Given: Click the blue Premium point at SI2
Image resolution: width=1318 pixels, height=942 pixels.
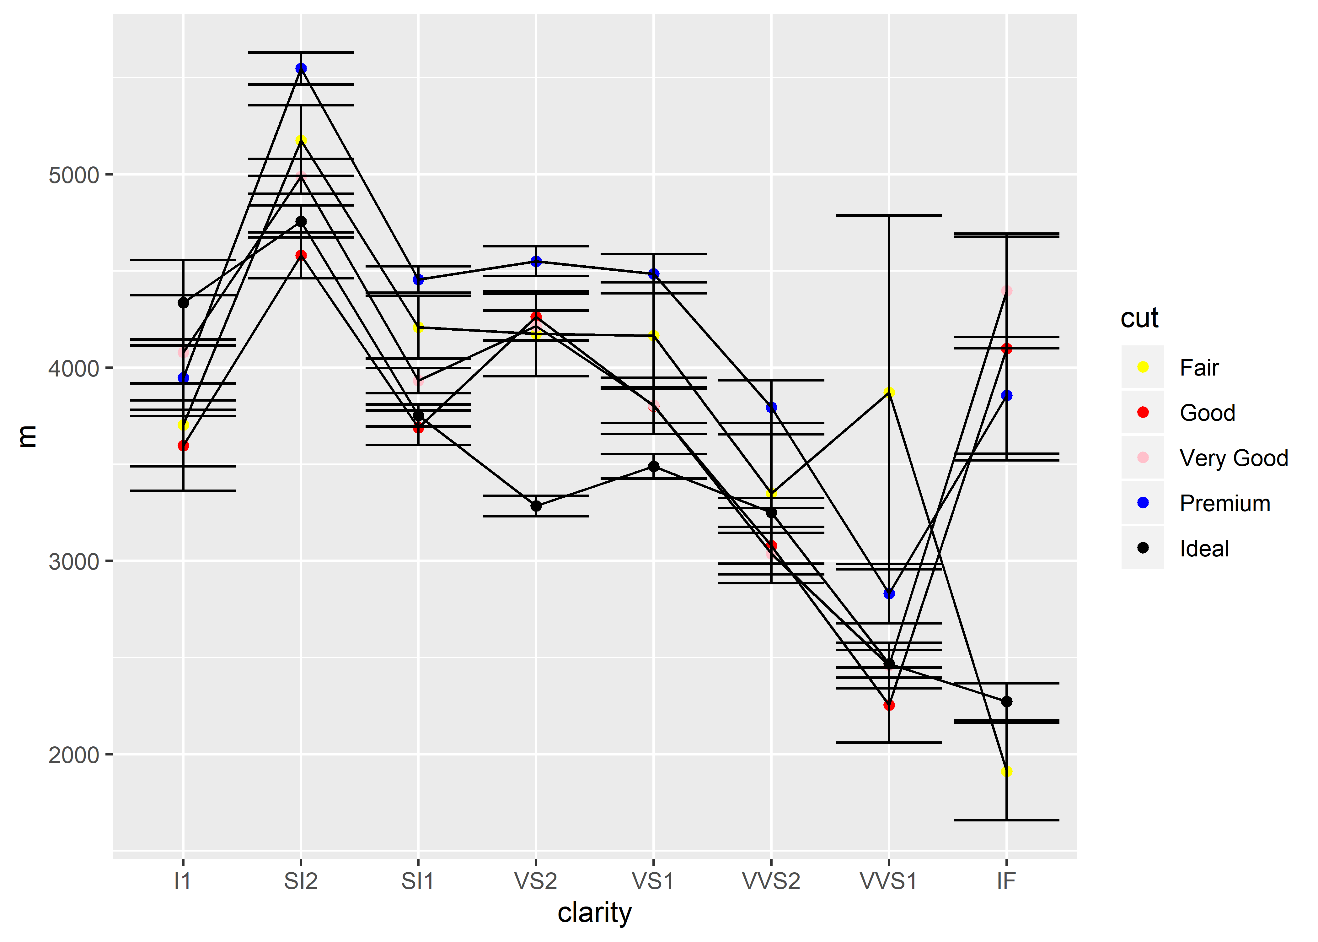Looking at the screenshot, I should (x=301, y=68).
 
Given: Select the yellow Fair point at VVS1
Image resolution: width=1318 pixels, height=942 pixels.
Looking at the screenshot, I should (x=889, y=393).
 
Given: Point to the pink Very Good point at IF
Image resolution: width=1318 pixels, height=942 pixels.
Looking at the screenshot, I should (x=1007, y=291).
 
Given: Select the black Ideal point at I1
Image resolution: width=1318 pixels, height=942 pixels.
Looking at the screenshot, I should (x=183, y=303).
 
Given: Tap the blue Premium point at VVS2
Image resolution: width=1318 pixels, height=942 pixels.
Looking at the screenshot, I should (x=771, y=408).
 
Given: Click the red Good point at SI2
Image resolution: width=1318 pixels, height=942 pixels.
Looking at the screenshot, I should (x=301, y=255).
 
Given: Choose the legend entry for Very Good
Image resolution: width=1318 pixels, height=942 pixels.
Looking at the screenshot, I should (x=1233, y=458).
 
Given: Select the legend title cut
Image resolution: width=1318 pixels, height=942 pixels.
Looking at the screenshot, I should (x=1139, y=318).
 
